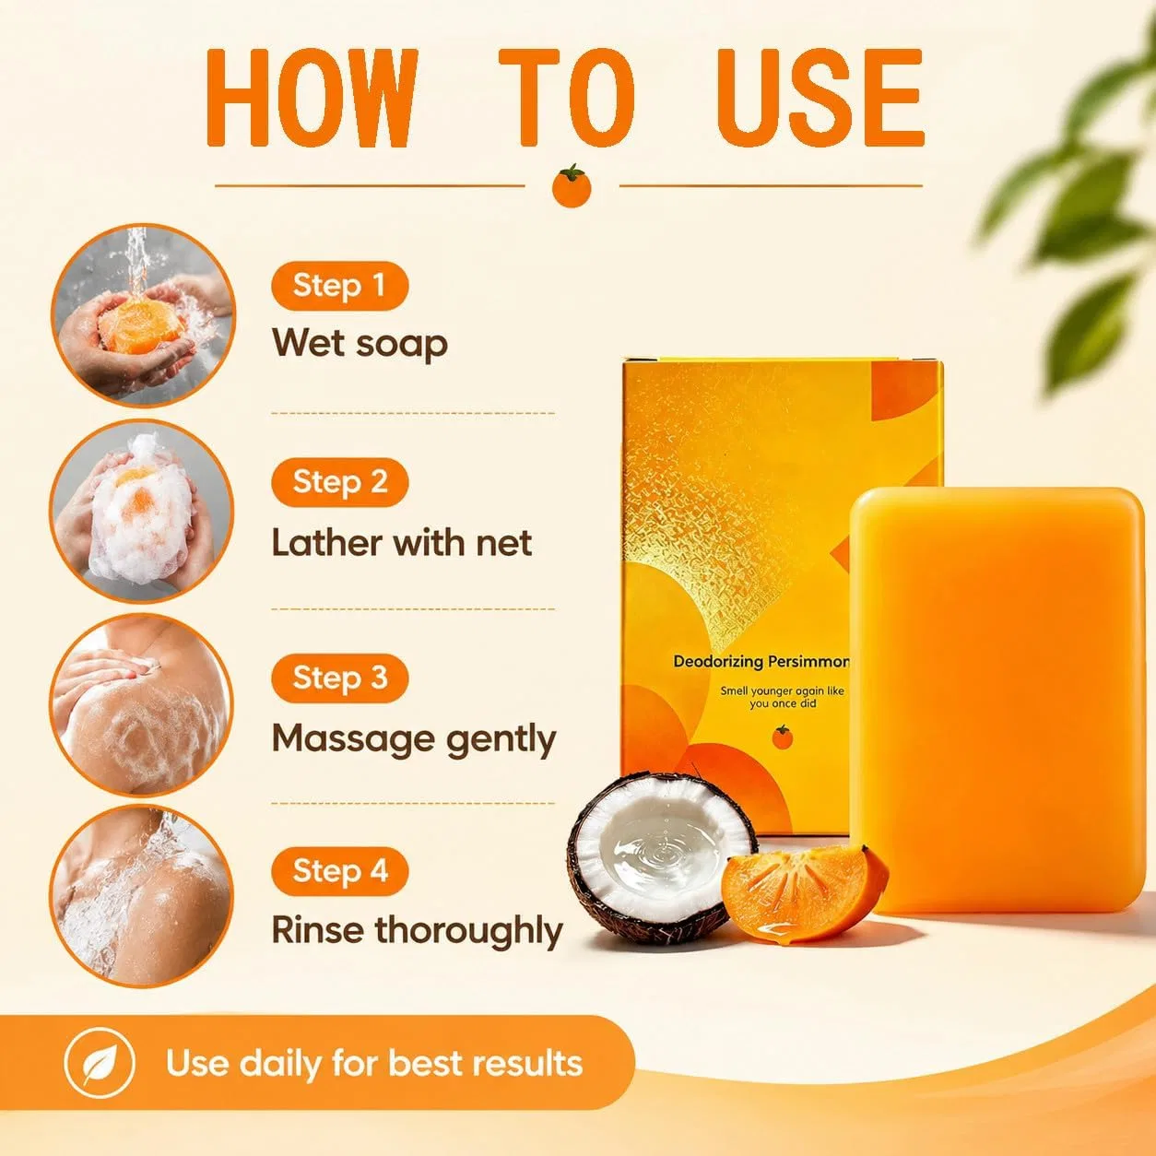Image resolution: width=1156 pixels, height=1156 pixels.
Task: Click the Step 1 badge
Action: (339, 286)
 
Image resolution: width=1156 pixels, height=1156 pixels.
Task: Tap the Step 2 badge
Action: (339, 482)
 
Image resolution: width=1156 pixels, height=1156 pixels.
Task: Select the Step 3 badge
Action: (339, 678)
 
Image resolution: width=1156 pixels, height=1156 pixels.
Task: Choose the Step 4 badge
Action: (339, 871)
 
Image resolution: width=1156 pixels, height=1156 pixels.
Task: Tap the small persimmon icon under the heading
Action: (572, 186)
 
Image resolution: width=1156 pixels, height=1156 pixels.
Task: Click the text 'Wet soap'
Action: (360, 344)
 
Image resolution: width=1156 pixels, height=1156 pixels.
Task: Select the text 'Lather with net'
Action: (402, 543)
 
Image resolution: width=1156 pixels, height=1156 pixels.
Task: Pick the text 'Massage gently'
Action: (414, 739)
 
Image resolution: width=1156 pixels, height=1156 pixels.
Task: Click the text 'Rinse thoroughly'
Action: (418, 932)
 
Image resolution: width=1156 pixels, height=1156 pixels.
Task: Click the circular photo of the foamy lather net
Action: (142, 511)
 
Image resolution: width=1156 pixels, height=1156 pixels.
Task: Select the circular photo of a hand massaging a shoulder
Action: (142, 705)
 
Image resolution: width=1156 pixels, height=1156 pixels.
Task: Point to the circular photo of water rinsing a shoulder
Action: (142, 896)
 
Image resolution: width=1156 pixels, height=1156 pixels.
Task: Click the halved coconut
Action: (659, 859)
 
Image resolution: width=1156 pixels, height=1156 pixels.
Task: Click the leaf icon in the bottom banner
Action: (100, 1064)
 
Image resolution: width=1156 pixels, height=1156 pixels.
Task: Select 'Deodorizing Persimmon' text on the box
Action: (761, 661)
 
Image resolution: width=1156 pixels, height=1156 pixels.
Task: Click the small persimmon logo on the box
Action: (782, 737)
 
